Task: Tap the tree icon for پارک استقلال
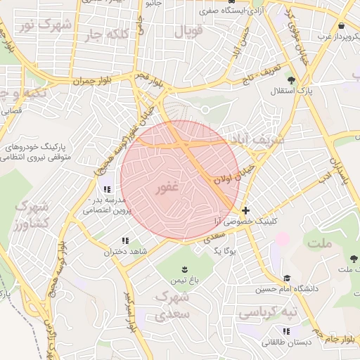click(x=291, y=79)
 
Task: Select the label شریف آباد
click(x=261, y=140)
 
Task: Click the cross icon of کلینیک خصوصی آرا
click(x=245, y=210)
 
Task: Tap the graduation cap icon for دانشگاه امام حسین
click(x=286, y=278)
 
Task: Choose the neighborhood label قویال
click(x=188, y=32)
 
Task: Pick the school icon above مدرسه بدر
click(x=107, y=190)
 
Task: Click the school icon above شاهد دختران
click(x=125, y=240)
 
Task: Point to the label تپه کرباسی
click(x=268, y=311)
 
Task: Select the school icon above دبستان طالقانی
click(x=285, y=331)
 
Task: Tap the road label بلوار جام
click(x=338, y=340)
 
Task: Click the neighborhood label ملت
click(x=319, y=242)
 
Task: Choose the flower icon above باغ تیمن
click(x=184, y=269)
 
